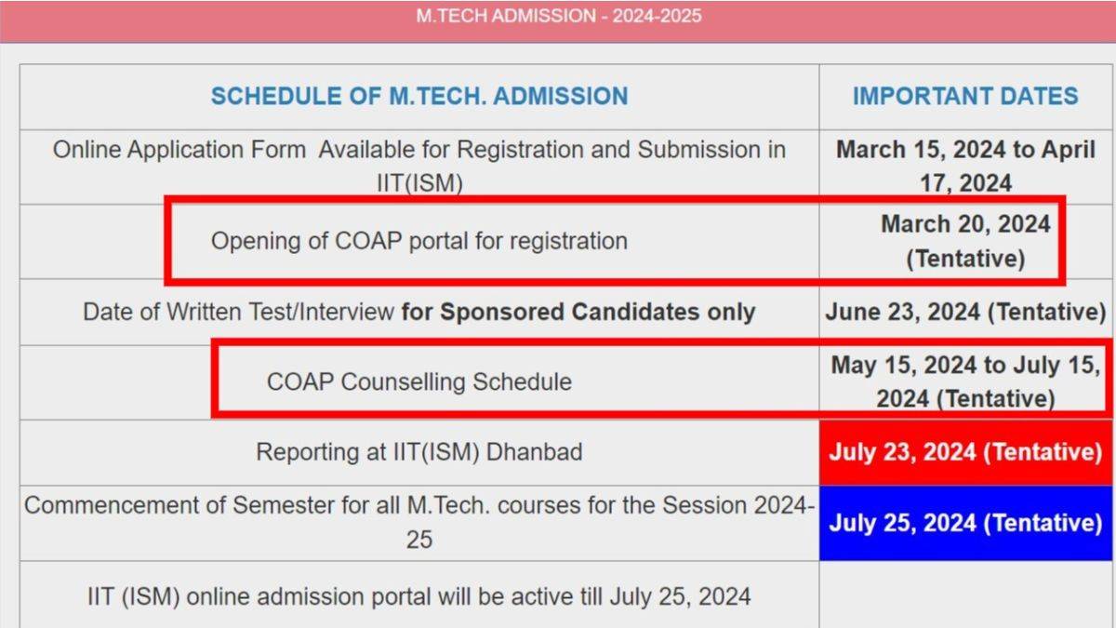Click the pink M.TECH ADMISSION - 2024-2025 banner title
pos(558,17)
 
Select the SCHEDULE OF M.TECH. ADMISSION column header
pos(418,96)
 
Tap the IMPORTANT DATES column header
pos(965,96)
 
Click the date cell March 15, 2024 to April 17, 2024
pos(965,167)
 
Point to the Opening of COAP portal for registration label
pos(418,241)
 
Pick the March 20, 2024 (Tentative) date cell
pos(965,241)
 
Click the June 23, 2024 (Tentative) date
pos(965,312)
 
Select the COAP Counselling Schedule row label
pos(418,381)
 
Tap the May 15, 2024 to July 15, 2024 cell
pos(965,381)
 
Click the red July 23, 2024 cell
pos(965,452)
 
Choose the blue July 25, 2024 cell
pos(965,523)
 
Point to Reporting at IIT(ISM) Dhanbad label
pos(418,452)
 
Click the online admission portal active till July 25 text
pos(418,595)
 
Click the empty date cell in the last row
pos(965,595)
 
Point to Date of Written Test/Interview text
pos(238,312)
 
